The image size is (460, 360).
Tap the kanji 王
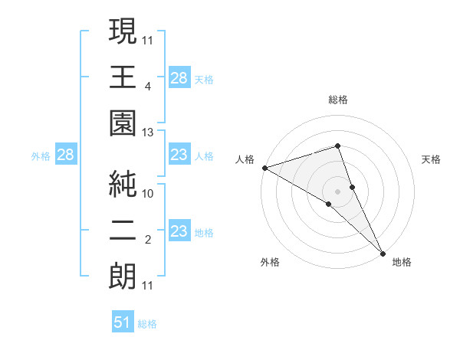pos(123,77)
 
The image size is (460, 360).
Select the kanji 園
pos(123,123)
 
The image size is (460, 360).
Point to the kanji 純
pos(123,183)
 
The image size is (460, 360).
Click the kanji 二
pos(123,229)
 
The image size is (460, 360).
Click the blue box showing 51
pos(123,322)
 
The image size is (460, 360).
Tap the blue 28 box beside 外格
pos(65,155)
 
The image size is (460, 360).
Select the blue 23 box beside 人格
pos(179,155)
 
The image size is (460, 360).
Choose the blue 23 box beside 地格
pos(179,231)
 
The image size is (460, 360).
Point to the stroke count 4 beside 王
pos(147,87)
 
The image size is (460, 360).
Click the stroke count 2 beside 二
pos(147,240)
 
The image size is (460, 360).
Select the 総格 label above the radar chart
pos(338,100)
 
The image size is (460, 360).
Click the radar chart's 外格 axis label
pos(270,262)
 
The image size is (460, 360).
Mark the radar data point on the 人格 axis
pos(264,167)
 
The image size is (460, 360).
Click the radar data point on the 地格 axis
pos(383,251)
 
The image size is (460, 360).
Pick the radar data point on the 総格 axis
pos(338,146)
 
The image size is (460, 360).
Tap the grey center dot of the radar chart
pos(338,190)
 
